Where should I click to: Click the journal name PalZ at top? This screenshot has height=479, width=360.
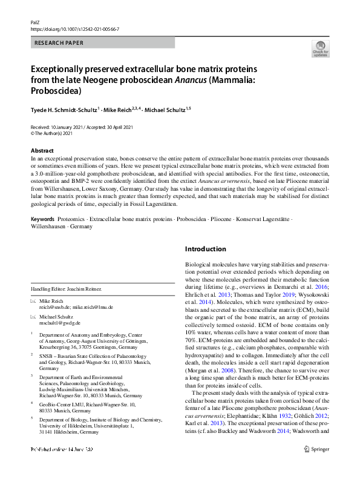pos(34,21)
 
